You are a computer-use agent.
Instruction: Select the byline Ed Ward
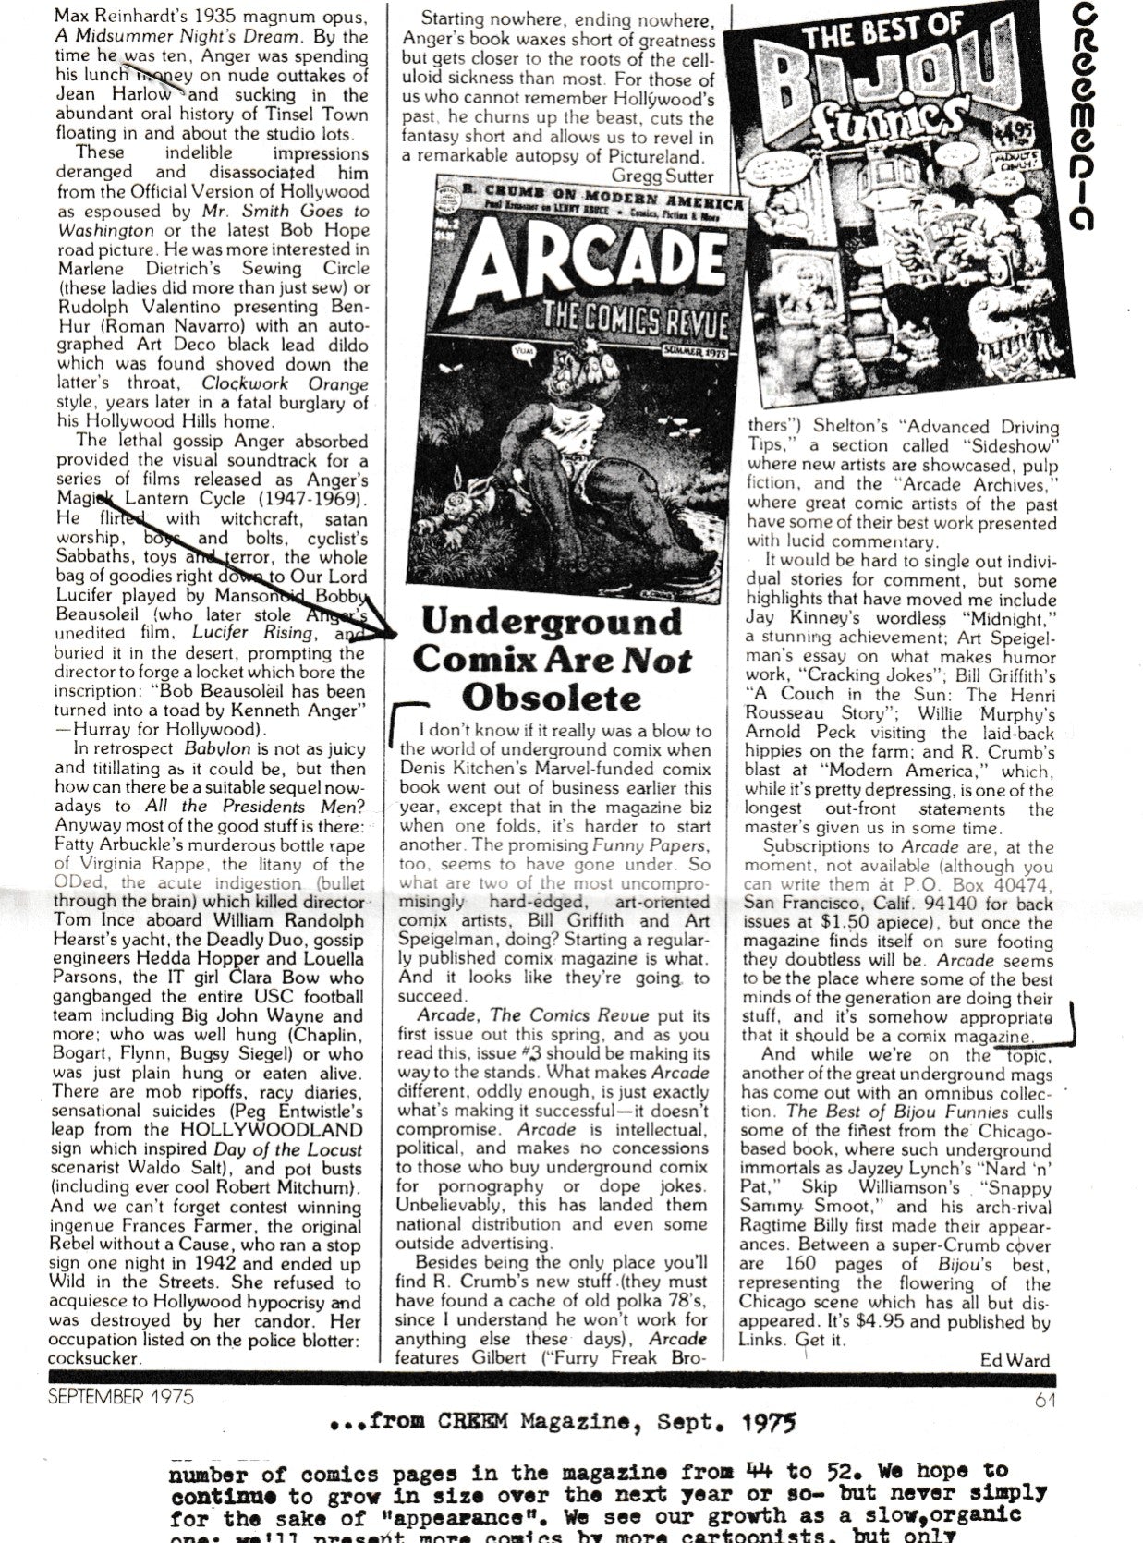(x=1015, y=1359)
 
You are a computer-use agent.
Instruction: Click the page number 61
(x=1045, y=1398)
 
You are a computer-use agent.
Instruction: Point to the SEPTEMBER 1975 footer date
(x=122, y=1397)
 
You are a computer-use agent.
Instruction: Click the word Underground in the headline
(x=552, y=621)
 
